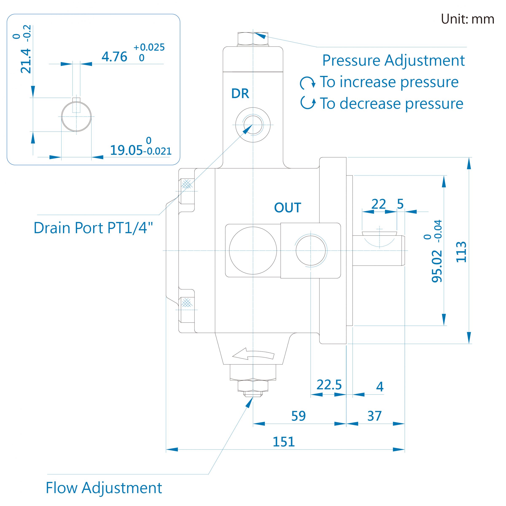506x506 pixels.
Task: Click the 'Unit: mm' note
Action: point(467,19)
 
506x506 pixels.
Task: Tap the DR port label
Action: point(240,93)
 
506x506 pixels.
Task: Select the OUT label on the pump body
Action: point(288,208)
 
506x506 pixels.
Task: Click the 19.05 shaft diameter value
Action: point(126,150)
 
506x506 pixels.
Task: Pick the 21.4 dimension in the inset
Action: point(26,61)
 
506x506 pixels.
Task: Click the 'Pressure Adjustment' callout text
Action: point(393,61)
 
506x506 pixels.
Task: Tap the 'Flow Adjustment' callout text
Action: point(104,488)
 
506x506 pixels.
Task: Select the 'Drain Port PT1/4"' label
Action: point(93,228)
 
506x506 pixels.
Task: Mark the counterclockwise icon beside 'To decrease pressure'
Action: point(308,103)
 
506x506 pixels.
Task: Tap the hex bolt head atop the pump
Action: point(253,39)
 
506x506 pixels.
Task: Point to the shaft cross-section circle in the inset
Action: point(76,117)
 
